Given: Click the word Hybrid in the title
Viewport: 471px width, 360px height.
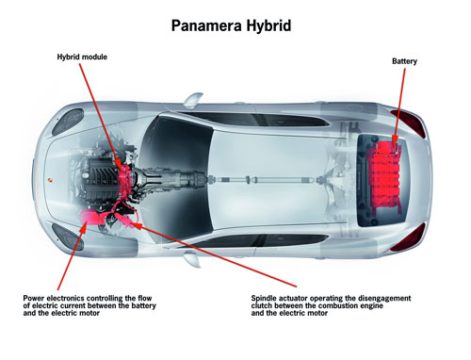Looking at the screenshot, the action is pyautogui.click(x=268, y=26).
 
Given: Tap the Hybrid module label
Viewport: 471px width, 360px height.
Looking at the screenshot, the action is pyautogui.click(x=82, y=57).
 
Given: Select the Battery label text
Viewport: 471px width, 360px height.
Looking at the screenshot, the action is pyautogui.click(x=404, y=61).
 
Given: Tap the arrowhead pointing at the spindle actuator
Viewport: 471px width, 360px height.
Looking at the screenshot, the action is pyautogui.click(x=135, y=224).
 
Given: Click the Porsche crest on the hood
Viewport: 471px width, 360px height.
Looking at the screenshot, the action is pyautogui.click(x=50, y=181).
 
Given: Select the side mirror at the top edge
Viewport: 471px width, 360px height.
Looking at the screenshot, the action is pyautogui.click(x=193, y=99).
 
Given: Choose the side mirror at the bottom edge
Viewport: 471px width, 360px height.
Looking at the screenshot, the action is pyautogui.click(x=192, y=261).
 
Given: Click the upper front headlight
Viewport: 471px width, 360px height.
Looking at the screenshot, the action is pyautogui.click(x=67, y=122).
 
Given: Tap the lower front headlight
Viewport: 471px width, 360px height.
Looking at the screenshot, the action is pyautogui.click(x=67, y=237).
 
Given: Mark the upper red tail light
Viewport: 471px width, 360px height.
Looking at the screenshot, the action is pyautogui.click(x=410, y=123).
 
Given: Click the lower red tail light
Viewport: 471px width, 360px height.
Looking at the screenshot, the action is pyautogui.click(x=410, y=237).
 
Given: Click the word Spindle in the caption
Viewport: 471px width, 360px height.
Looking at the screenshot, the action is pyautogui.click(x=264, y=299).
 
